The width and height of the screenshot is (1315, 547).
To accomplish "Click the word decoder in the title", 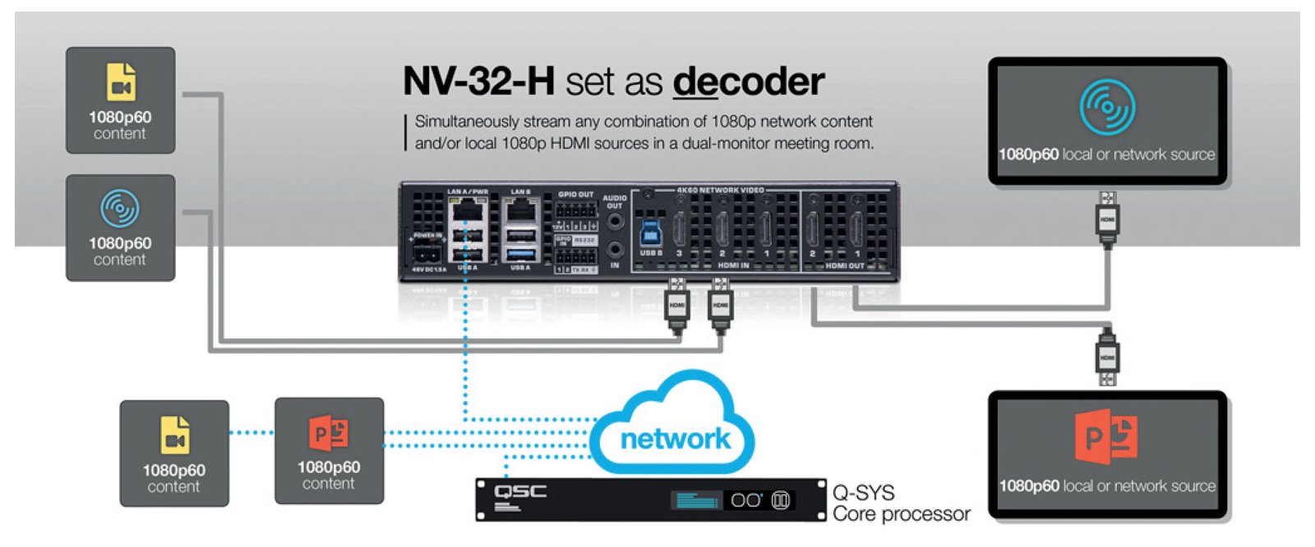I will [748, 81].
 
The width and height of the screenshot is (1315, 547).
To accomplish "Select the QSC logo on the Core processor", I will [520, 494].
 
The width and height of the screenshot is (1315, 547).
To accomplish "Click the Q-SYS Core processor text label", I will [901, 503].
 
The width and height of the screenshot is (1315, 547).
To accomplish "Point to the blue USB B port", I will [651, 232].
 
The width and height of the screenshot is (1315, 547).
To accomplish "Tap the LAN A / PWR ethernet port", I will [467, 213].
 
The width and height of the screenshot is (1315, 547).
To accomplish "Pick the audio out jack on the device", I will [615, 221].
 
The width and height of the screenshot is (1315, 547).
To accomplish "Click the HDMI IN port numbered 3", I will [680, 229].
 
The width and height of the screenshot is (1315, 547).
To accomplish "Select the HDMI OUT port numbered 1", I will [856, 229].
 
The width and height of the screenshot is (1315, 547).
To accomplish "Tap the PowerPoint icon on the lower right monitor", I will [1106, 436].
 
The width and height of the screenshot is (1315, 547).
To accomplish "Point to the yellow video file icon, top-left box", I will [121, 83].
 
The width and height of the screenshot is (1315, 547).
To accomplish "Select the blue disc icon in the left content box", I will [120, 209].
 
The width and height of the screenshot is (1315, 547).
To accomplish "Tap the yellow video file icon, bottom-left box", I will [174, 435].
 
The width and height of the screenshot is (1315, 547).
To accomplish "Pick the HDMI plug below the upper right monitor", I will [1107, 218].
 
